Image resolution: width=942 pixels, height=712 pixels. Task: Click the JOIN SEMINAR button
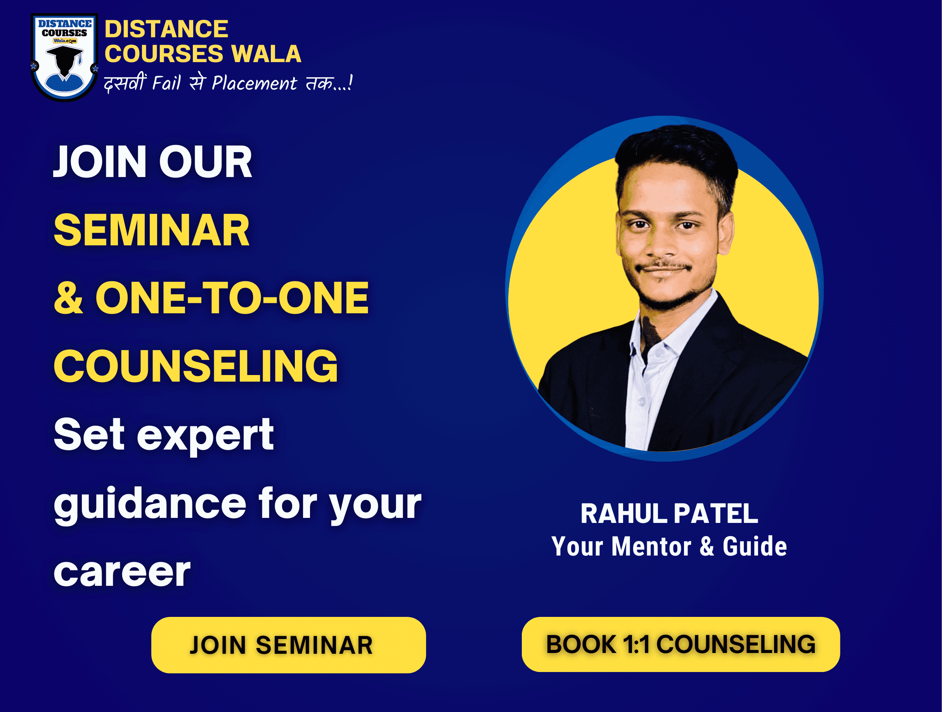pos(288,645)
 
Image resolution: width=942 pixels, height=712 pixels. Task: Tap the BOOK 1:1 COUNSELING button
pos(681,644)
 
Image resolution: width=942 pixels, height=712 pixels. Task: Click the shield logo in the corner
pos(64,57)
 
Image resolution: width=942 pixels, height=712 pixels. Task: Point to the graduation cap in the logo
pos(65,54)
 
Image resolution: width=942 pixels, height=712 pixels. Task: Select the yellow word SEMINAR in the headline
pos(152,230)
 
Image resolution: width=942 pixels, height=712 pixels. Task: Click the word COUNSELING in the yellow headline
pos(196,366)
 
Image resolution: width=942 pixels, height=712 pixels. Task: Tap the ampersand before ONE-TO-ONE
pos(68,298)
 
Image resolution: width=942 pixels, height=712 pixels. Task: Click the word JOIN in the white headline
pos(100,162)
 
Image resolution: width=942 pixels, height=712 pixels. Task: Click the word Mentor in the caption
pos(651,546)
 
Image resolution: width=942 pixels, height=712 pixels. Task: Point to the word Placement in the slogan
pos(254,83)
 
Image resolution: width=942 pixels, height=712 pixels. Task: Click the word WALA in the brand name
pos(266,54)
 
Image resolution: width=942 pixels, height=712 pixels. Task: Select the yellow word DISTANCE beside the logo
pos(166,29)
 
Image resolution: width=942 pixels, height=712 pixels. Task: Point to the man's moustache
pos(663,266)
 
